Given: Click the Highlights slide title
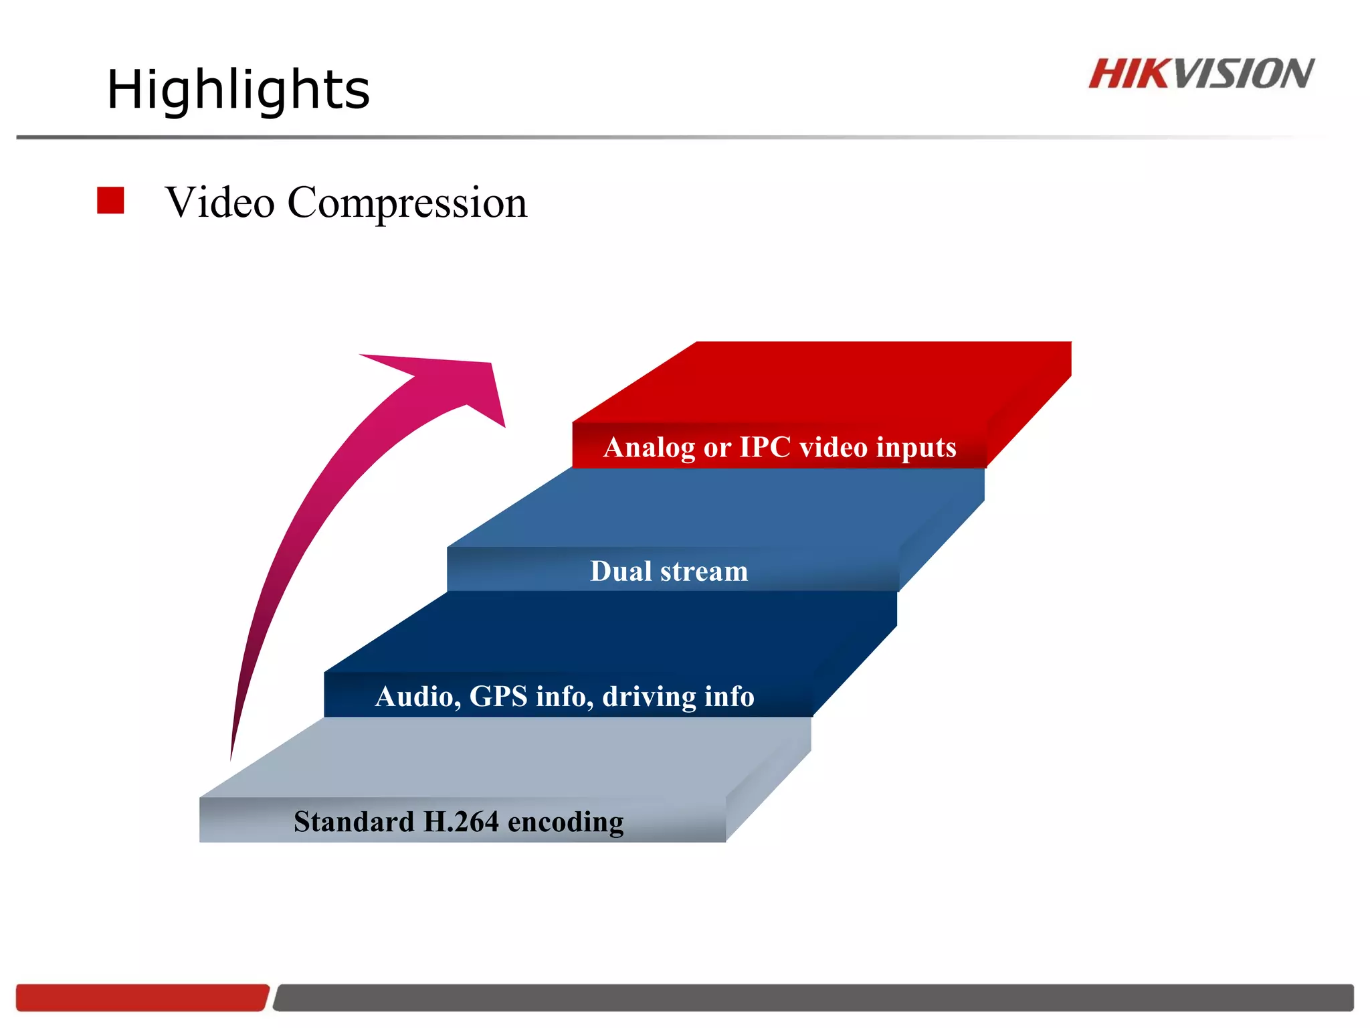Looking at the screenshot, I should pos(238,90).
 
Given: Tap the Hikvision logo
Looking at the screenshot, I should pos(1201,74).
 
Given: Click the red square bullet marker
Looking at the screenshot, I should pos(110,200).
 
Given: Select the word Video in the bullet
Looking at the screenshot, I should pos(220,203).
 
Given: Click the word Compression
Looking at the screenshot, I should pos(407,203).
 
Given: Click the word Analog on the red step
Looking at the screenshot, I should pos(648,448).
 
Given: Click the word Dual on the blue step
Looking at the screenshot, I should pos(620,571).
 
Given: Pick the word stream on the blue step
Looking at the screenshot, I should pos(704,572).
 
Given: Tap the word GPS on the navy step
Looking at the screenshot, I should pos(498,696).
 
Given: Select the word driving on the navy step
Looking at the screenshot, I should pos(640,697).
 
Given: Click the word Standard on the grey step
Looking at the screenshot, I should pos(354,821).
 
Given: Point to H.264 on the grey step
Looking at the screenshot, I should pos(461,821).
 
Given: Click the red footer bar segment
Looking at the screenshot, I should pos(142,997).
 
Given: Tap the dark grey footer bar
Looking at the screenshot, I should pos(813,997).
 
